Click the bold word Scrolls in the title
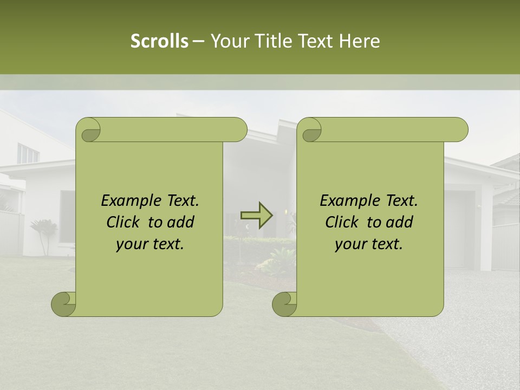coord(159,41)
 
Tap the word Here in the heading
coord(360,41)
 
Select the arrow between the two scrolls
coord(256,215)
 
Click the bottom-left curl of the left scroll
coord(64,304)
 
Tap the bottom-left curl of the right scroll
coord(285,304)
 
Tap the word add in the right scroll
coord(400,222)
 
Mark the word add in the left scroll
coord(181,222)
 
